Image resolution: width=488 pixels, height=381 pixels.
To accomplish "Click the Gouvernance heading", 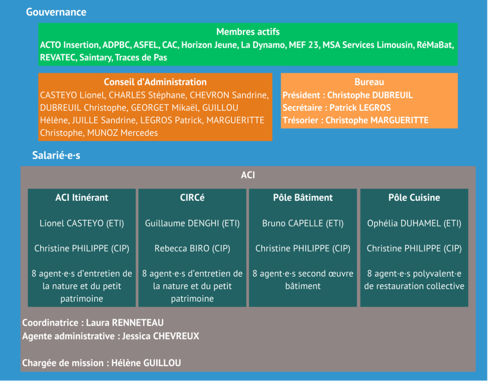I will (56, 12).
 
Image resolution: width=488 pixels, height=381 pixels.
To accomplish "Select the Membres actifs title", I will (248, 31).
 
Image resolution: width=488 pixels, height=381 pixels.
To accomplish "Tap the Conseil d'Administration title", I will (155, 82).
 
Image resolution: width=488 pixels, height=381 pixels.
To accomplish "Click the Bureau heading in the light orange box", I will (369, 82).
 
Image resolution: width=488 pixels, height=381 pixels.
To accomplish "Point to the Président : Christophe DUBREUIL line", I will (348, 95).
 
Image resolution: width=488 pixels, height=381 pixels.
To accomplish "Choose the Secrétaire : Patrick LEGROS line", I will (337, 107).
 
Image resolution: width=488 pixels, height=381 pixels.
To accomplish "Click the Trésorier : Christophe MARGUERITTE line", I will (355, 120).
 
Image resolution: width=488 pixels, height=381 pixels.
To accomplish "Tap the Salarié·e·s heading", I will (56, 156).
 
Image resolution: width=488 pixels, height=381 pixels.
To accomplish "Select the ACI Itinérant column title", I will (82, 198).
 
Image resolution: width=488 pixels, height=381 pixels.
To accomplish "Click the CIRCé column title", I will (192, 198).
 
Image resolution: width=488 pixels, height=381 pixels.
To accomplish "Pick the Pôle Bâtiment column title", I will (303, 198).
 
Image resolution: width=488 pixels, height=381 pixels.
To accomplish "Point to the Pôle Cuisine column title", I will (414, 198).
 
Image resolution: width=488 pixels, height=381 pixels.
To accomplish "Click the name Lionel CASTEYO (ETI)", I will (82, 223).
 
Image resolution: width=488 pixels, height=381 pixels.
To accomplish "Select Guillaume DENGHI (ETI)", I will (192, 223).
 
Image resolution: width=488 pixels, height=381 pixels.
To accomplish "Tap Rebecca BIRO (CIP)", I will (192, 248).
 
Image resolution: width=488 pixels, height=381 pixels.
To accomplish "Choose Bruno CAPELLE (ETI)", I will (303, 223).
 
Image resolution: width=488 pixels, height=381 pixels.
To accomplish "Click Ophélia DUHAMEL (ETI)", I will (414, 223).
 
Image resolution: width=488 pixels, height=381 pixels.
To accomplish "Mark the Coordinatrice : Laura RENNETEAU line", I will (93, 323).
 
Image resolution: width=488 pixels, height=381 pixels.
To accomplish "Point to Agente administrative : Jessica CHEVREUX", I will (111, 336).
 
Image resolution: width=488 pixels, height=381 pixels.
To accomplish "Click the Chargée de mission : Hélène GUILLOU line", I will (101, 363).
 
